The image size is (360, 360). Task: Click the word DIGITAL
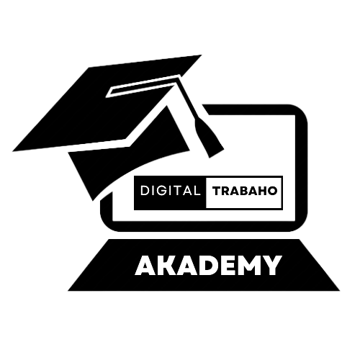click(x=171, y=191)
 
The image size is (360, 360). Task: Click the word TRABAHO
click(x=245, y=191)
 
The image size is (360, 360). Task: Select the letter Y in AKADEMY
click(x=271, y=265)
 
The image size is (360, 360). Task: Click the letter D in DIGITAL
click(x=145, y=191)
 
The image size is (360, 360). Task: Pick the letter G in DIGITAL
click(x=161, y=191)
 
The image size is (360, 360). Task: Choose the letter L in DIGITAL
click(x=197, y=191)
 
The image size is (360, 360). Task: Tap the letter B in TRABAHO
click(x=243, y=191)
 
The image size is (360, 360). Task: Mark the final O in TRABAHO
click(x=273, y=191)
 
